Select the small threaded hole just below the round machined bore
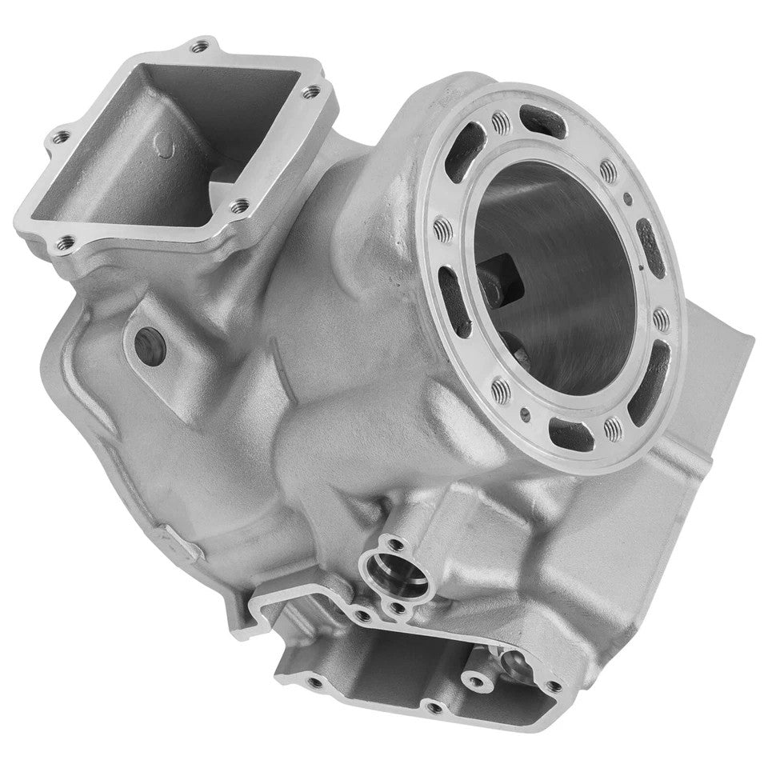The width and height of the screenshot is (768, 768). (x=398, y=609)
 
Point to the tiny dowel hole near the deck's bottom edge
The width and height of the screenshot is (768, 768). (x=524, y=414)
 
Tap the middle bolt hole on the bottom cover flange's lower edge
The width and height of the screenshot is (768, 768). (x=434, y=707)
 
